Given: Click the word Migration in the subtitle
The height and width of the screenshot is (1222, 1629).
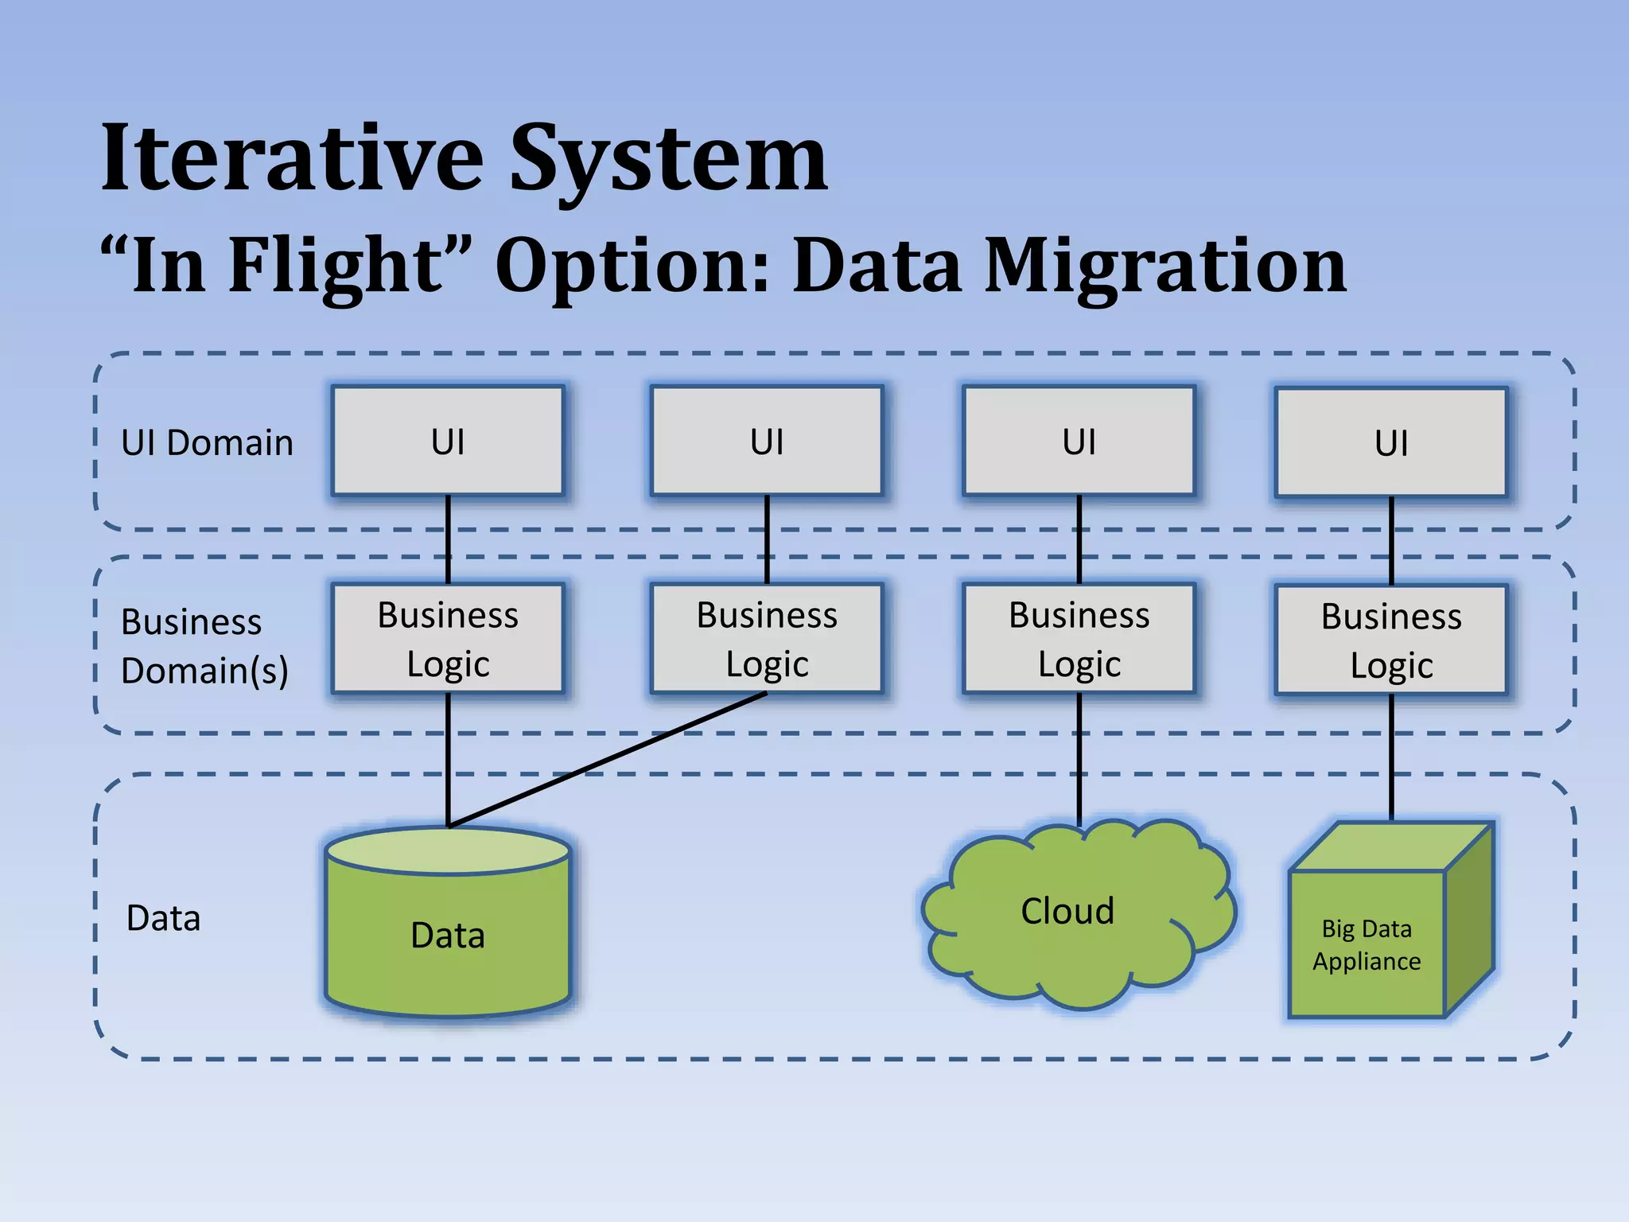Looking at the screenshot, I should click(x=1165, y=267).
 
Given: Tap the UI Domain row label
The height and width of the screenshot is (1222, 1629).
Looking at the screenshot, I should click(x=207, y=443).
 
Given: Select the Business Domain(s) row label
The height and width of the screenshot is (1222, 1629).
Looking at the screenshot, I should click(x=204, y=646).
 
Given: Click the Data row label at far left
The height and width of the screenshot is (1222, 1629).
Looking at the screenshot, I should click(x=164, y=919).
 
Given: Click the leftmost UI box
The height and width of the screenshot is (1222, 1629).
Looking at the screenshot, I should click(x=448, y=442).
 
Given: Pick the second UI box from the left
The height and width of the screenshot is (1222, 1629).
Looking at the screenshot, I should click(x=767, y=442).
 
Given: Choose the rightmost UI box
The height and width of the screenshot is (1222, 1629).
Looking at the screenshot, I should click(x=1391, y=443).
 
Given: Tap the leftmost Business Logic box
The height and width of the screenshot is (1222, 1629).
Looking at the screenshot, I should click(x=448, y=639).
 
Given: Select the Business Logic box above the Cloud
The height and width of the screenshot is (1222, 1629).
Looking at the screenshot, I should click(x=1079, y=639).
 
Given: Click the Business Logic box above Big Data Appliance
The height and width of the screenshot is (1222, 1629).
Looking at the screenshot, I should click(x=1391, y=640).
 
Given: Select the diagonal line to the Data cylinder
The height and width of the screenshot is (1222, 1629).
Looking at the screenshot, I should click(x=608, y=760).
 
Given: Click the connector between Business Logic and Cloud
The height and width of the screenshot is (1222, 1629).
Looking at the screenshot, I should click(x=1079, y=756).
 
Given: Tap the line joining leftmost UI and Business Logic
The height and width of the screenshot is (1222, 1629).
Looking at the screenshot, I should click(x=448, y=539).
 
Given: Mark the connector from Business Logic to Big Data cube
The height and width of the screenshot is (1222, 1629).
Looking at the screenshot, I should click(x=1391, y=756).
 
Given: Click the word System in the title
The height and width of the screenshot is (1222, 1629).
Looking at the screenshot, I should click(x=668, y=159).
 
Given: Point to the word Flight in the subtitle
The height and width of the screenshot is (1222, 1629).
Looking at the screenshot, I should click(x=334, y=267).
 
